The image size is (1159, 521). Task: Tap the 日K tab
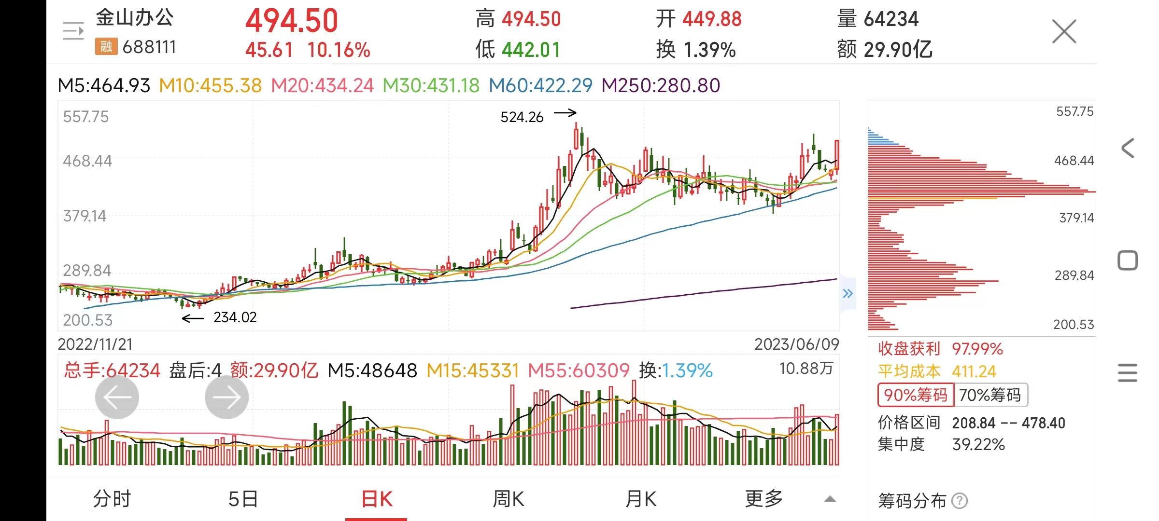point(377,499)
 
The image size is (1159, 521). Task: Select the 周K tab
point(508,499)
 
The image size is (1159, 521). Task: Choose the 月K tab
point(641,499)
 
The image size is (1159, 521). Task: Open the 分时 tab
point(112,499)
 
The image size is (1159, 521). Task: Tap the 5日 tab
point(243,499)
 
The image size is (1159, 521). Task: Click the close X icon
point(1064,32)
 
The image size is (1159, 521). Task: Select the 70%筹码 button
point(990,395)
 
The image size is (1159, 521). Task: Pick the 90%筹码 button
point(916,395)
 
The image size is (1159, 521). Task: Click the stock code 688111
point(149,47)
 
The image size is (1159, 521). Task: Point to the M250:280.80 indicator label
point(661,86)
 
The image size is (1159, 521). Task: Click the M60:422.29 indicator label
point(540,86)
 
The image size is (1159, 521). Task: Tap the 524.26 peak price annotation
point(522,117)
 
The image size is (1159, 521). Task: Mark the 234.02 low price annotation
point(235,317)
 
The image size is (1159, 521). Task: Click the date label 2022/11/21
point(95,344)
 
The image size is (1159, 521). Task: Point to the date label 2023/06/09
point(796,344)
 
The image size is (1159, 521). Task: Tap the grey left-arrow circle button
point(117,398)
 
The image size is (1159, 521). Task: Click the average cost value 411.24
point(974,371)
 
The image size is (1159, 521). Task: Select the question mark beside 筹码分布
point(959,501)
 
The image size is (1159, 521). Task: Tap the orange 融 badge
point(106,47)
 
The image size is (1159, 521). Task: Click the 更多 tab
point(763,499)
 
